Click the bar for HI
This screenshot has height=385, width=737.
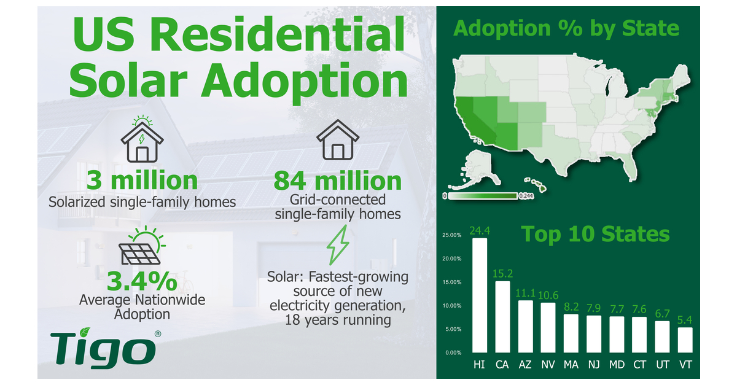480,296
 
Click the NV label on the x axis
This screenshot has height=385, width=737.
548,365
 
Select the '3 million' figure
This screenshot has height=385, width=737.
142,181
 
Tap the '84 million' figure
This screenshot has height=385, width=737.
337,181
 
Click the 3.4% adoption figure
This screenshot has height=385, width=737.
142,281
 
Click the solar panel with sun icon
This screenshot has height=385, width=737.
142,247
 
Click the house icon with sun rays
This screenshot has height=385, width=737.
142,139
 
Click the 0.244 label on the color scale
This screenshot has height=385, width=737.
526,196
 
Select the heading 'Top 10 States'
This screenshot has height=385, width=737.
595,235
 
